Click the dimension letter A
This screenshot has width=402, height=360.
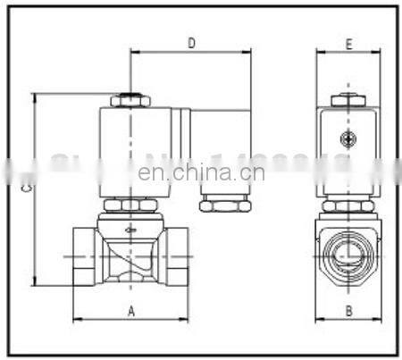point(130,311)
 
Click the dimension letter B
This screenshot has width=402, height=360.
point(349,311)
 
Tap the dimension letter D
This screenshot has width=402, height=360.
point(191,42)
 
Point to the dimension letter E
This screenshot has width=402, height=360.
point(349,42)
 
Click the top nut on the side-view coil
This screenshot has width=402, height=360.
point(348,100)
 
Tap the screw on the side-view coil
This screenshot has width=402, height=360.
point(348,138)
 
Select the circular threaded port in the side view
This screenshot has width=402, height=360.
point(348,253)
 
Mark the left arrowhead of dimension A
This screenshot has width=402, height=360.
point(75,319)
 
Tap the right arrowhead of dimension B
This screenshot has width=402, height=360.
point(379,319)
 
